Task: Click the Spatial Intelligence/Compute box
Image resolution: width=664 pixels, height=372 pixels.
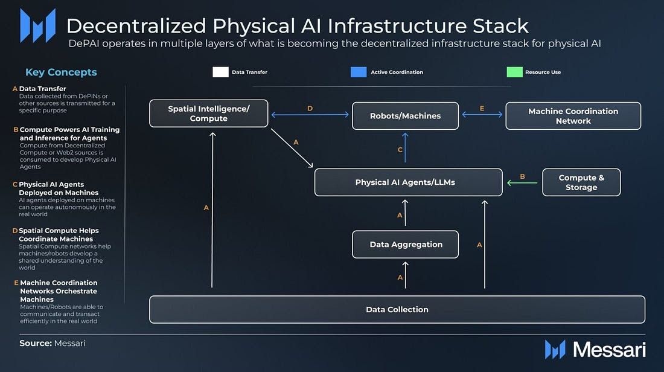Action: coord(208,114)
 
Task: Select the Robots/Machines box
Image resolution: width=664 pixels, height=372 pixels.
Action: coord(405,116)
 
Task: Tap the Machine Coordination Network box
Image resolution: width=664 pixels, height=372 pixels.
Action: coord(573,116)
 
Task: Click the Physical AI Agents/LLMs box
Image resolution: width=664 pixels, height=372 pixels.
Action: coord(408,182)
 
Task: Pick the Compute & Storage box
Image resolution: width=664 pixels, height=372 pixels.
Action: coord(581,182)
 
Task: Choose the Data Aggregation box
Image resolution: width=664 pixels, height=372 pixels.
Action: coord(406,245)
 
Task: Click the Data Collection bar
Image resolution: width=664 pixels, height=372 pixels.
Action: coord(397,310)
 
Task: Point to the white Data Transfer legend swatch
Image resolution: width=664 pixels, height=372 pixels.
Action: coord(220,72)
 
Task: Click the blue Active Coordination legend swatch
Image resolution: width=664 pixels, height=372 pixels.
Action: coord(359,72)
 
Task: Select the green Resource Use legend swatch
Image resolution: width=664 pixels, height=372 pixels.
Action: coord(514,72)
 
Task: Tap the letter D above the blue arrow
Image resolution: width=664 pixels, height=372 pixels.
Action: coord(310,109)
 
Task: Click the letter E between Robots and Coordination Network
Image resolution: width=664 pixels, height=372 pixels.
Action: coord(482,109)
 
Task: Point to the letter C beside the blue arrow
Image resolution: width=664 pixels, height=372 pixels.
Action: coord(400,150)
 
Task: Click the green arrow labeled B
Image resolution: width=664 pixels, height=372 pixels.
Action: coord(522,182)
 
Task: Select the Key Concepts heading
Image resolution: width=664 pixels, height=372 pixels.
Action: coord(61,72)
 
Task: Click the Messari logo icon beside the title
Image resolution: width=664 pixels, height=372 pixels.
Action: coord(37,26)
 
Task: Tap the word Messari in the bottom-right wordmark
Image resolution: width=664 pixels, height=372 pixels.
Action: coord(609,350)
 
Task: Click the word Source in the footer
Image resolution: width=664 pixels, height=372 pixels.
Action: coord(34,343)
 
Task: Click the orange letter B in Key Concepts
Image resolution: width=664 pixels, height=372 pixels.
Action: coord(16,129)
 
